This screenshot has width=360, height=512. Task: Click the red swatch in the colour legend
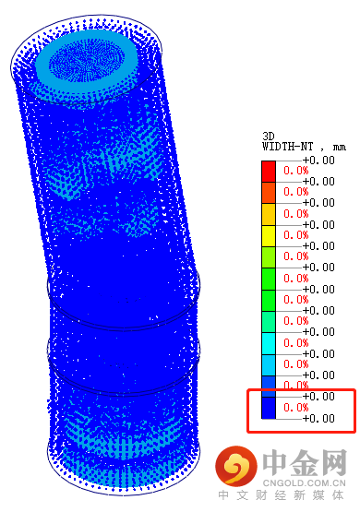[269, 172]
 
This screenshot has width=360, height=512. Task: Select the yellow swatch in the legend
[269, 236]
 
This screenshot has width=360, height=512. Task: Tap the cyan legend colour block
[269, 343]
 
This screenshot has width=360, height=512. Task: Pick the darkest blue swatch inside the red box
[269, 408]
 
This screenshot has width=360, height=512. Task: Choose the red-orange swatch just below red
[269, 193]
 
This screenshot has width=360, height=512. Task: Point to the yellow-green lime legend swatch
[269, 257]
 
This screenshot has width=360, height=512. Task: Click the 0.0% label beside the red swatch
[296, 171]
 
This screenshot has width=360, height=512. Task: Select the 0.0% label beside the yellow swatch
[296, 235]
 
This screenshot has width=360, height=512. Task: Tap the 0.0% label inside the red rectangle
[296, 408]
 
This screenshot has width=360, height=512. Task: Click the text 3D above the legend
[269, 137]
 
